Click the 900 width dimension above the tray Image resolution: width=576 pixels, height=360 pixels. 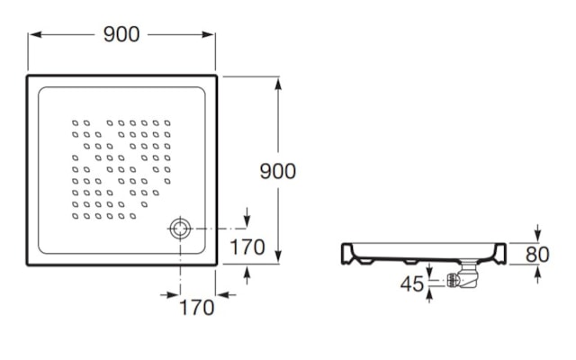121,34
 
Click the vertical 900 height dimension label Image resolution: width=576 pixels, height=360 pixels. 278,171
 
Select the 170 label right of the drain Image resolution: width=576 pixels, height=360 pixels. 247,247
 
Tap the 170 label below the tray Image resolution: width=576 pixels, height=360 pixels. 197,308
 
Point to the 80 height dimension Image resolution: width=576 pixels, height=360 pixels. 537,254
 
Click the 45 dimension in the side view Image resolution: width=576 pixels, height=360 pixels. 412,283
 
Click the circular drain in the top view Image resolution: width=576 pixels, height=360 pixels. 180,229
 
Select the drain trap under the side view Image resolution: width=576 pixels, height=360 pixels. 463,275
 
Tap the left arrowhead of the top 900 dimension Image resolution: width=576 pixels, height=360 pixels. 36,34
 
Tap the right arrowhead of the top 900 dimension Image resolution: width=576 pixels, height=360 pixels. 208,34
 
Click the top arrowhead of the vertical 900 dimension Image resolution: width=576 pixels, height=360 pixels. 278,84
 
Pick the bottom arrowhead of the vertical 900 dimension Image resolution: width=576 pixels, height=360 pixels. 278,256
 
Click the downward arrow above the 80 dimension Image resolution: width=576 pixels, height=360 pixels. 538,233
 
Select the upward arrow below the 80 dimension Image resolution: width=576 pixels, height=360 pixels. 538,274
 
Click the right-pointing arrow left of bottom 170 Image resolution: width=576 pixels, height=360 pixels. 170,294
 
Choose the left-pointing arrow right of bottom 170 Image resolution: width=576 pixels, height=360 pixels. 226,294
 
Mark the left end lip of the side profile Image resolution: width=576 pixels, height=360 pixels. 347,254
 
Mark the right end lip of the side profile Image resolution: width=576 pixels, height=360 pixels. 500,254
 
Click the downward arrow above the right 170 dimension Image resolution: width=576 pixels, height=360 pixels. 247,218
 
